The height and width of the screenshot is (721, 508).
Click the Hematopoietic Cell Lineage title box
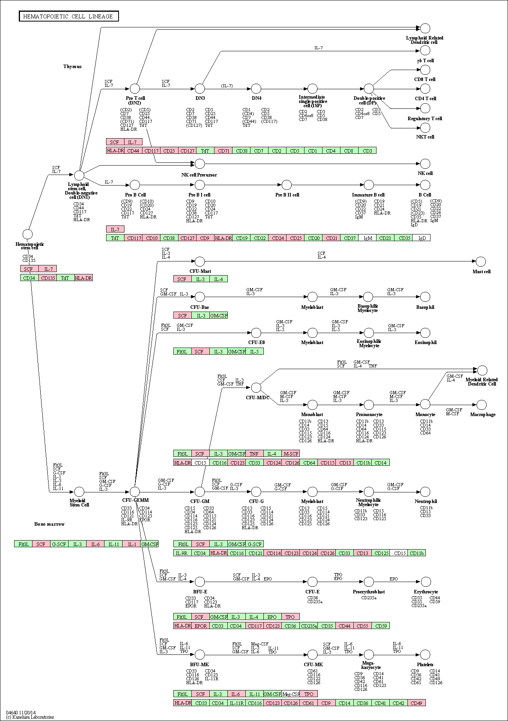[68, 16]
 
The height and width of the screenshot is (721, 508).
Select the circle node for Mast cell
[481, 261]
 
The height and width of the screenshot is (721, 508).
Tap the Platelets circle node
[425, 654]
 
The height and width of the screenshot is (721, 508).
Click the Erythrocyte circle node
[425, 582]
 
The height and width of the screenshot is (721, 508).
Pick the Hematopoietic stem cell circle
[27, 234]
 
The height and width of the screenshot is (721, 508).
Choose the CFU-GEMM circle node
[135, 492]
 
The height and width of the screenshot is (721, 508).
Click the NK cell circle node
[425, 164]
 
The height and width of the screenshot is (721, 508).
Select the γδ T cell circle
[425, 50]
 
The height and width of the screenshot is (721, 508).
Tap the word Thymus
[72, 67]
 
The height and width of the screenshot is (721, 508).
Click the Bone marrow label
[49, 524]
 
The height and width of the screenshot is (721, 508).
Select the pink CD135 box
[48, 278]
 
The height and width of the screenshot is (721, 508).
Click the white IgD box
[422, 238]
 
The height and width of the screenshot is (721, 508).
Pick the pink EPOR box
[200, 625]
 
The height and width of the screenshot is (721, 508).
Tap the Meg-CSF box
[291, 694]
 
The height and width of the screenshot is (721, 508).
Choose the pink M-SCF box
[291, 454]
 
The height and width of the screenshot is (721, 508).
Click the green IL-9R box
[182, 553]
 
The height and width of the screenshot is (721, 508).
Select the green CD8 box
[349, 151]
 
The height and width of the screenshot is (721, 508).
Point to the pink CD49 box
[416, 703]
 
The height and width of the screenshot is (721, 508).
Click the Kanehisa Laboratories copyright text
[30, 717]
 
